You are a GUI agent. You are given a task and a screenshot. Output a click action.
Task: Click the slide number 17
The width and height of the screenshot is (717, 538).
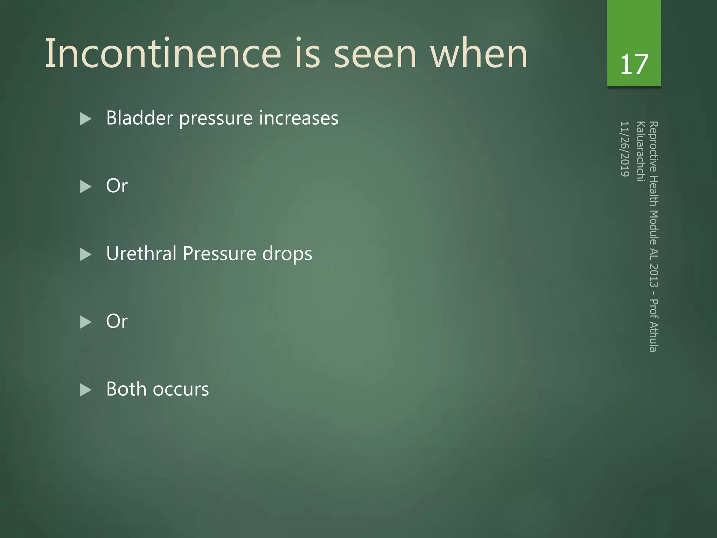coord(634,64)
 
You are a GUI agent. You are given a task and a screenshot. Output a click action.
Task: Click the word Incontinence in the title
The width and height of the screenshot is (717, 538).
coord(163,54)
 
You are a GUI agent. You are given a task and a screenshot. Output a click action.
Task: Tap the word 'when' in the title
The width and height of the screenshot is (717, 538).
coord(479,54)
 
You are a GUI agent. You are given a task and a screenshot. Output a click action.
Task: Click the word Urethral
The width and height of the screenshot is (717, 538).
coord(141,253)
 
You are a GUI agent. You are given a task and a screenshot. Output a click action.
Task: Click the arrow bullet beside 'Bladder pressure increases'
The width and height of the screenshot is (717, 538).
coord(85,119)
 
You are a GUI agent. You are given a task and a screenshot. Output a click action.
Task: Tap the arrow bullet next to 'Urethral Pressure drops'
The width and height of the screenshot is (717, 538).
coord(85,254)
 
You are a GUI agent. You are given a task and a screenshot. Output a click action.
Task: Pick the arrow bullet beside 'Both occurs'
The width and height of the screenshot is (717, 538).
coord(85,390)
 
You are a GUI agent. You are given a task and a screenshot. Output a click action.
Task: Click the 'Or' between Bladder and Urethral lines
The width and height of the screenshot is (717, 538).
coord(117,186)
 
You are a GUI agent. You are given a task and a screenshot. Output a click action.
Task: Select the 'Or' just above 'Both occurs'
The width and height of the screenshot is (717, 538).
coord(117,321)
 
